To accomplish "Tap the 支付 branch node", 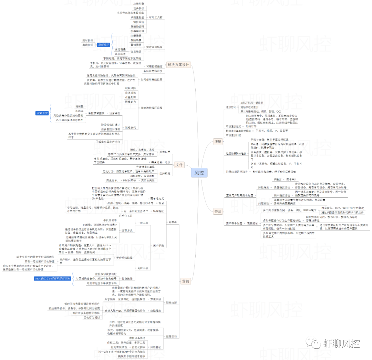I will pos(179,165).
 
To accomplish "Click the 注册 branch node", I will pos(218,142).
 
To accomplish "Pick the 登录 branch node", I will pos(218,212).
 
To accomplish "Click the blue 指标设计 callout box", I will pos(103,45).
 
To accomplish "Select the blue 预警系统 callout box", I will pos(42,113).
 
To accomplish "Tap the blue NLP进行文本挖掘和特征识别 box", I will pos(53,278).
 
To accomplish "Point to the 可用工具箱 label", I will pos(156,17).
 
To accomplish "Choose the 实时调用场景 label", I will pos(154,47).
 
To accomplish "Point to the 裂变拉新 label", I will pos(171,302).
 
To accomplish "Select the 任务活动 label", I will pos(171,336).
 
